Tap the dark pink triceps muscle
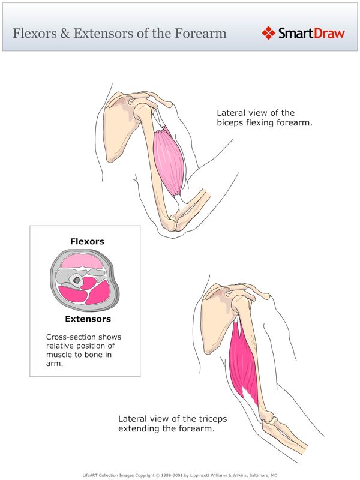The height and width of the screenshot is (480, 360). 245,366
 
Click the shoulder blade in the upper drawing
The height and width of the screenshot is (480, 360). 117,129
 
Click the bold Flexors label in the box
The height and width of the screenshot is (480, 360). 87,242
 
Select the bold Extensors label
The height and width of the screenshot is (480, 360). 88,319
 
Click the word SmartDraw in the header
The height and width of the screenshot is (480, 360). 311,33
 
